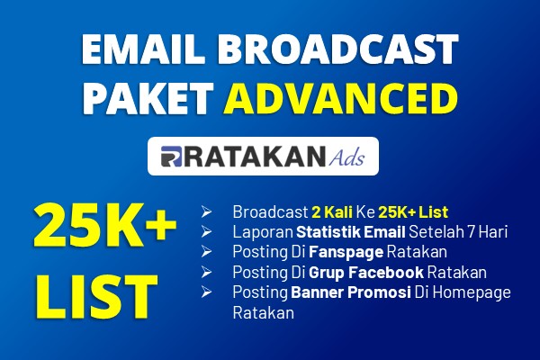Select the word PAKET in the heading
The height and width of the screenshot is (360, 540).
[148, 98]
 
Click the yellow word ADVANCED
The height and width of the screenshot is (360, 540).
[340, 98]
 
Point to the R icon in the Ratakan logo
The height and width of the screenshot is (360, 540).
[171, 157]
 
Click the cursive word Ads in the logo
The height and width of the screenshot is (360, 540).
[346, 157]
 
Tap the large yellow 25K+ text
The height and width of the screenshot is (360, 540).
[105, 226]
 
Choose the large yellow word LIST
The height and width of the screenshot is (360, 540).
[96, 297]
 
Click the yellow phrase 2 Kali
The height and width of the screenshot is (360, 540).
[332, 211]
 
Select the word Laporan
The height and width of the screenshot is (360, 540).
[263, 232]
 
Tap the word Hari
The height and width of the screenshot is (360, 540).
[493, 232]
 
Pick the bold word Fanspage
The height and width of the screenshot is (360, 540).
[346, 253]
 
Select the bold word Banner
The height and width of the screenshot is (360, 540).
[317, 292]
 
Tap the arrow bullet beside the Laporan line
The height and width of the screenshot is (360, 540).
[206, 232]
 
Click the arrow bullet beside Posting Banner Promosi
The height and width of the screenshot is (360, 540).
[206, 292]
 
